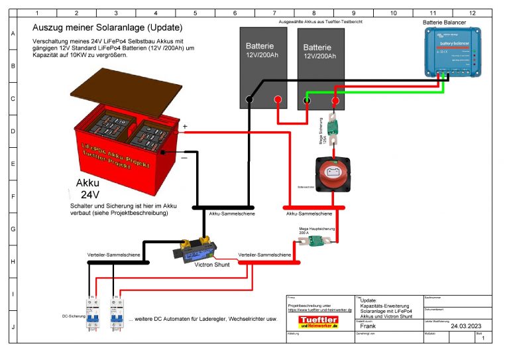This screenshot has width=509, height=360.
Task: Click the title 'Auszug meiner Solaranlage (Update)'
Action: (107, 28)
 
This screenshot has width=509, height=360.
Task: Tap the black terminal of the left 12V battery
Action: (249, 100)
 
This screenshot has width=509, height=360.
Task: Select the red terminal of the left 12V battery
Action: (277, 100)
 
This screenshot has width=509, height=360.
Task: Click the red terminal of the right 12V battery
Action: (335, 101)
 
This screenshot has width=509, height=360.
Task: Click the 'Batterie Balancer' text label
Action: (444, 23)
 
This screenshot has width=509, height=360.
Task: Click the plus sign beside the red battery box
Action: (185, 126)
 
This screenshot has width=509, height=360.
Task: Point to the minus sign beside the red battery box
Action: (184, 157)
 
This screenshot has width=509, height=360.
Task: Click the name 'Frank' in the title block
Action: (368, 326)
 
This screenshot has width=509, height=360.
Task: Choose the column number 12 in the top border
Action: (472, 13)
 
